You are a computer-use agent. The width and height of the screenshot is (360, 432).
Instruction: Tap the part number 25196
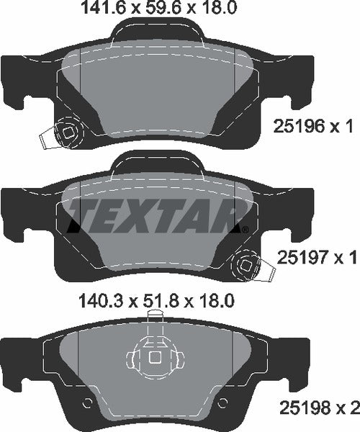click(x=297, y=127)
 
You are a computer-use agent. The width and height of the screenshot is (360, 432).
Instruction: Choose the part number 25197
click(x=297, y=256)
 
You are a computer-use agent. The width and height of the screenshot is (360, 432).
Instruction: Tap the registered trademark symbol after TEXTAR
click(x=245, y=229)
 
